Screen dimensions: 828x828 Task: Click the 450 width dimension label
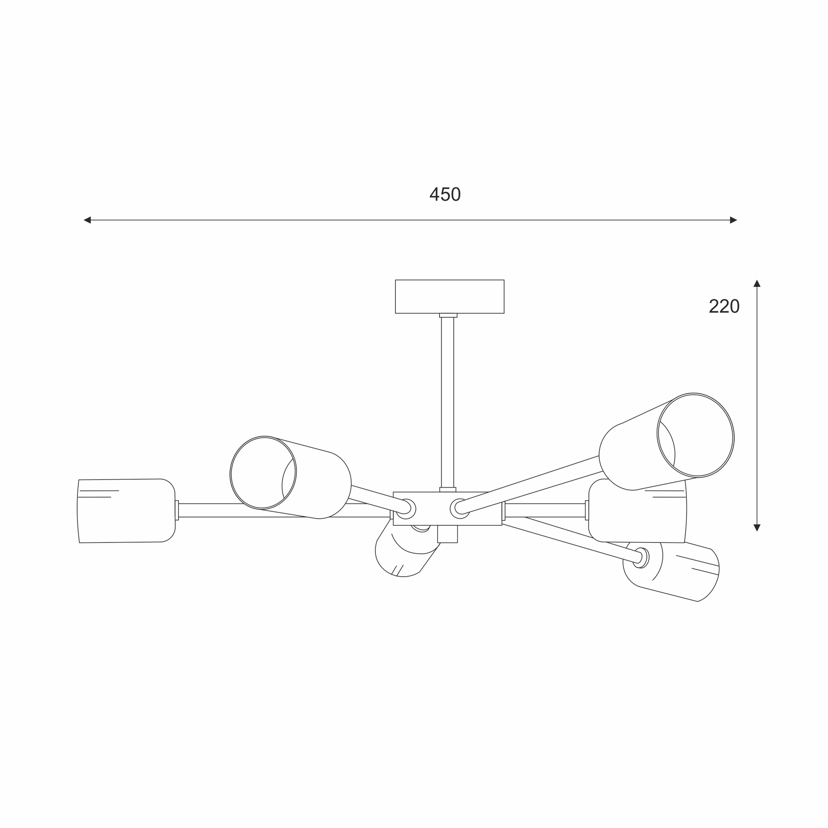[445, 194]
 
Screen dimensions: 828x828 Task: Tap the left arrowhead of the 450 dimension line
[87, 220]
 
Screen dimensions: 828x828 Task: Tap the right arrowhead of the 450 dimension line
[733, 220]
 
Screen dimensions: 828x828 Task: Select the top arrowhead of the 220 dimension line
[757, 283]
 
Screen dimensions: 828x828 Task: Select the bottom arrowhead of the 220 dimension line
[757, 527]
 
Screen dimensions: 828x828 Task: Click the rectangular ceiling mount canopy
[450, 296]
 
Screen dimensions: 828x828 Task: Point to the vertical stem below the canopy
[448, 402]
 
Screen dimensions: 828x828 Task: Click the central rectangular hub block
[448, 509]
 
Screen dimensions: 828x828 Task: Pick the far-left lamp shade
[126, 511]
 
